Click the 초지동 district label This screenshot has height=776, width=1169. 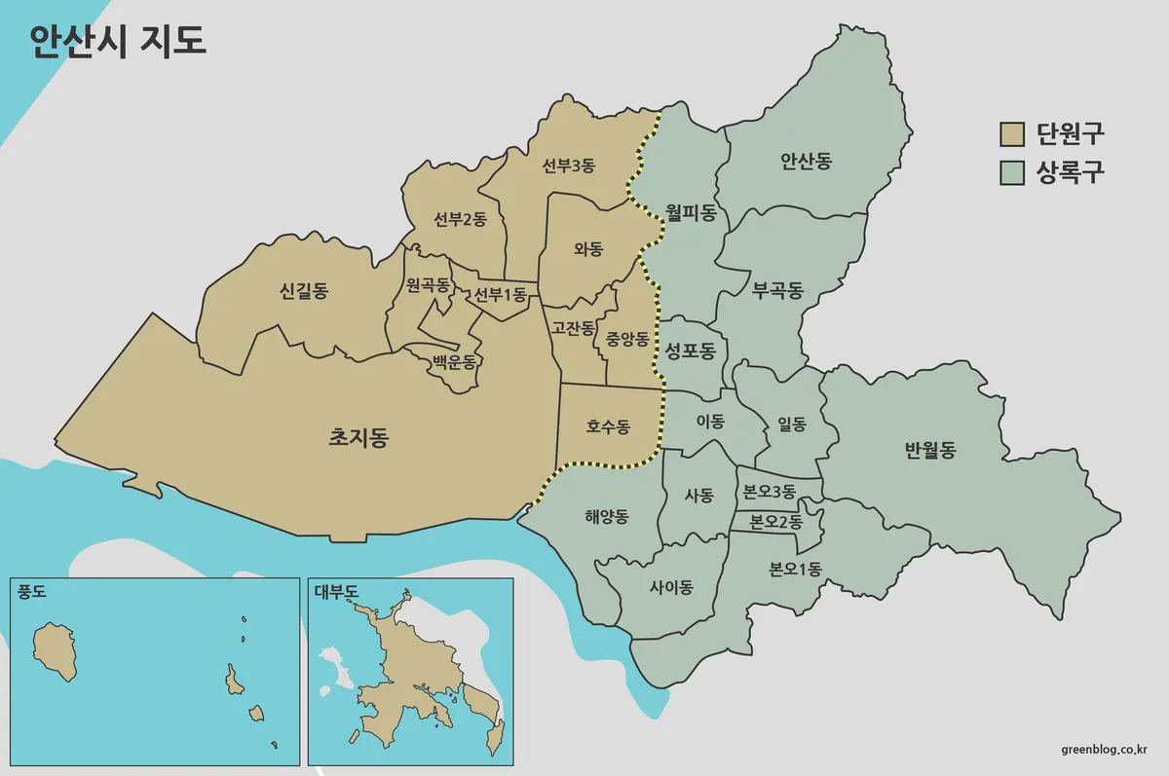coord(358,438)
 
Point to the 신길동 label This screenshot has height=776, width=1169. coord(303,290)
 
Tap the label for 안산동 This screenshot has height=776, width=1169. coord(806,162)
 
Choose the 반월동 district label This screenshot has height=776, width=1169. coord(929,450)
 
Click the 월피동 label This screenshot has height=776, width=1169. coord(691,212)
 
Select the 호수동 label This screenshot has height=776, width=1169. coord(608,426)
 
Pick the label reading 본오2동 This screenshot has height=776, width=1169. coord(775,522)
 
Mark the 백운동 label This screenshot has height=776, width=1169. coord(455,362)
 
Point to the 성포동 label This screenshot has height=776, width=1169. coord(690,351)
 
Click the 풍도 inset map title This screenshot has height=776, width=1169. coord(32,591)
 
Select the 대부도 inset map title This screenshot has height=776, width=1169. coord(336,591)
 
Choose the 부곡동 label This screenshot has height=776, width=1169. coord(777,290)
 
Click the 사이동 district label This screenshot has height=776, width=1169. coord(670,587)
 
